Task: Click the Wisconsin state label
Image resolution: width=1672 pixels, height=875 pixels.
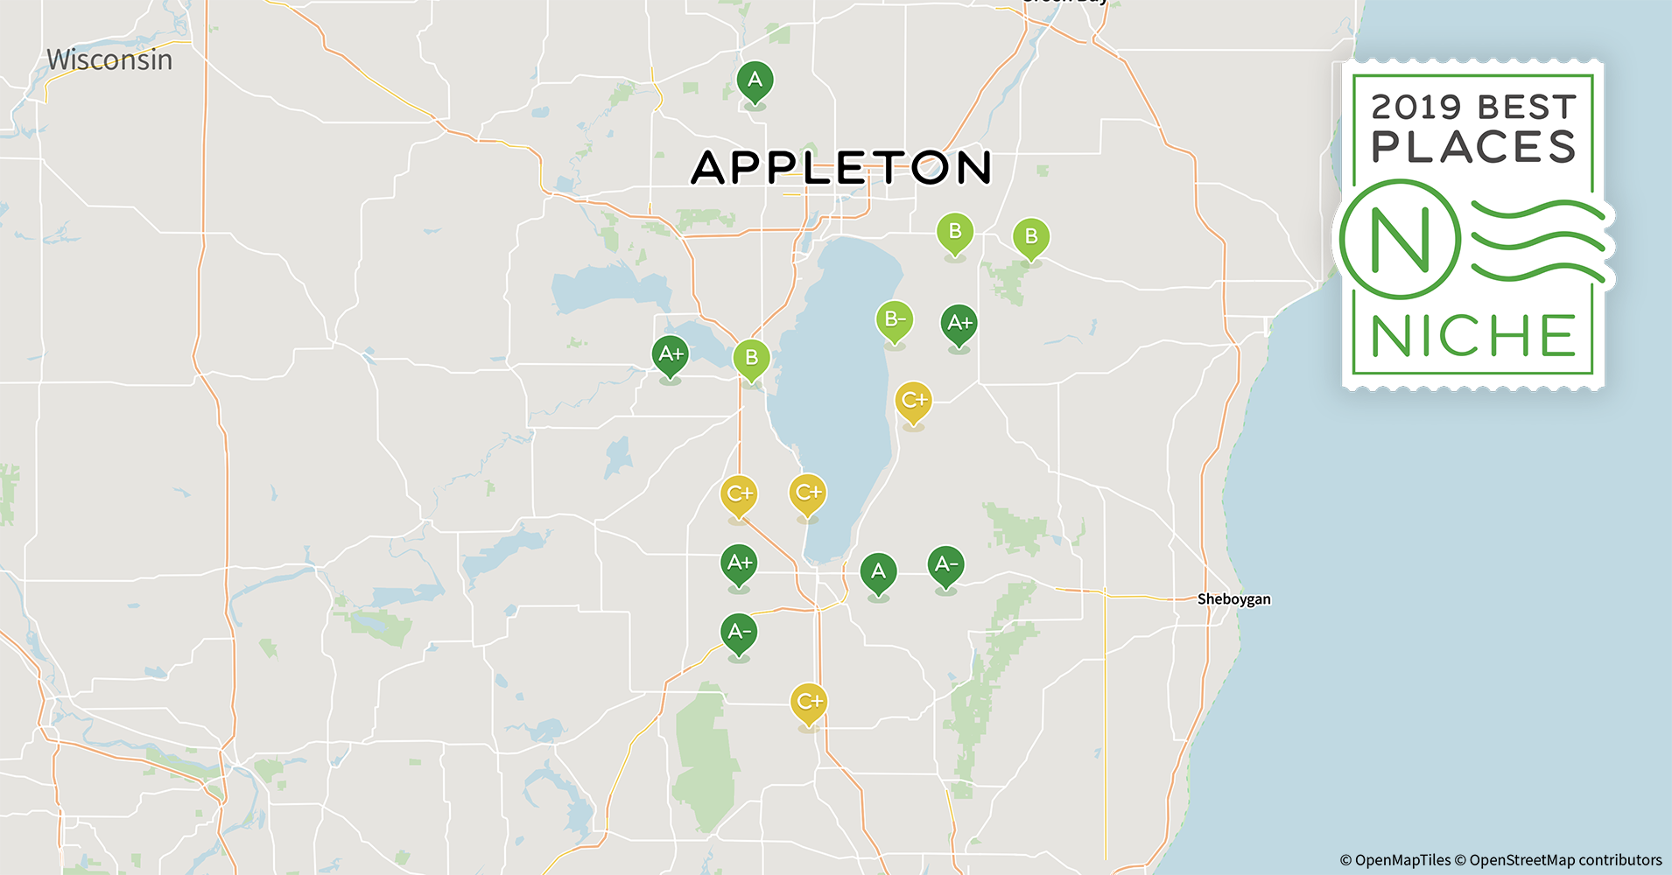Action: pyautogui.click(x=109, y=59)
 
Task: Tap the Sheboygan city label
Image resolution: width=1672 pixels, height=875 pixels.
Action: pyautogui.click(x=1233, y=599)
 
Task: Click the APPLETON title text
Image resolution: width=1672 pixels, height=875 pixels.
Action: pyautogui.click(x=840, y=167)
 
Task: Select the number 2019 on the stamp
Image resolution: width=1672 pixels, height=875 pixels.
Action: pyautogui.click(x=1416, y=108)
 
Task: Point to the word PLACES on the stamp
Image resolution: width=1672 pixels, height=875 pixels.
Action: pyautogui.click(x=1473, y=147)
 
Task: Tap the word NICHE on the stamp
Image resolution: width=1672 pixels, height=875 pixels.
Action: pyautogui.click(x=1473, y=337)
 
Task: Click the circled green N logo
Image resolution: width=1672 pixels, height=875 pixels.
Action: pyautogui.click(x=1399, y=239)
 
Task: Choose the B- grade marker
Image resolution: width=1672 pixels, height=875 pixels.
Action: pyautogui.click(x=894, y=320)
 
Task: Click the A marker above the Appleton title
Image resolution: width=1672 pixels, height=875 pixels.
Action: pyautogui.click(x=755, y=80)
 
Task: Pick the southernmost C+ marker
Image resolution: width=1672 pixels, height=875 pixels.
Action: pyautogui.click(x=808, y=703)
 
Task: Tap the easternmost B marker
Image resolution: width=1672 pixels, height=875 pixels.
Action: pyautogui.click(x=1031, y=237)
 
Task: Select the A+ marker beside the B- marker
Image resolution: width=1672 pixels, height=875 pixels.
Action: pyautogui.click(x=959, y=324)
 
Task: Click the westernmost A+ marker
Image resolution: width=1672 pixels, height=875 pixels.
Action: pyautogui.click(x=671, y=355)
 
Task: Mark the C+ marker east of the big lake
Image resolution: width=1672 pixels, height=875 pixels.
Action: pyautogui.click(x=913, y=401)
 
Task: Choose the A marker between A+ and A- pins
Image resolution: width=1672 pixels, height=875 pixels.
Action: pyautogui.click(x=878, y=573)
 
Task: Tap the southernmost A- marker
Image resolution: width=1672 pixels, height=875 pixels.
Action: pyautogui.click(x=739, y=633)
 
